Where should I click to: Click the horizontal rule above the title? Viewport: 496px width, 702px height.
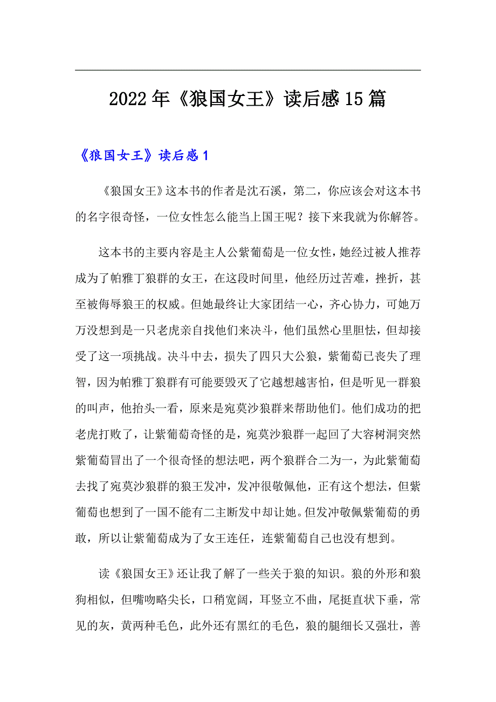point(248,70)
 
